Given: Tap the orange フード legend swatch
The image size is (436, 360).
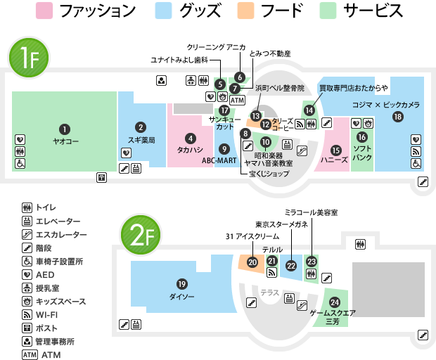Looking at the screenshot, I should pyautogui.click(x=246, y=11).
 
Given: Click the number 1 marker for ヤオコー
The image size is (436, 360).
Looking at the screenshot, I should pyautogui.click(x=65, y=129).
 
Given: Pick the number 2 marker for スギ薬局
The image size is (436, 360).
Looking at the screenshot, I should pyautogui.click(x=141, y=127).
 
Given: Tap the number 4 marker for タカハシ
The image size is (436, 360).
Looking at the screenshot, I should pyautogui.click(x=190, y=138).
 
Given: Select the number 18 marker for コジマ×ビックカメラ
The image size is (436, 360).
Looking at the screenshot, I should pyautogui.click(x=398, y=117).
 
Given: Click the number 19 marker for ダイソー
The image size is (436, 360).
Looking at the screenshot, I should pyautogui.click(x=182, y=284).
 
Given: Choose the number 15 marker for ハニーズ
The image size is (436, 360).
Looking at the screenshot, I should pyautogui.click(x=335, y=149).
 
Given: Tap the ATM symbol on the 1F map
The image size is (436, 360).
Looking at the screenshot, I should pyautogui.click(x=237, y=101).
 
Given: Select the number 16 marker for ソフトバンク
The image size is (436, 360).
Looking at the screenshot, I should pyautogui.click(x=362, y=137).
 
